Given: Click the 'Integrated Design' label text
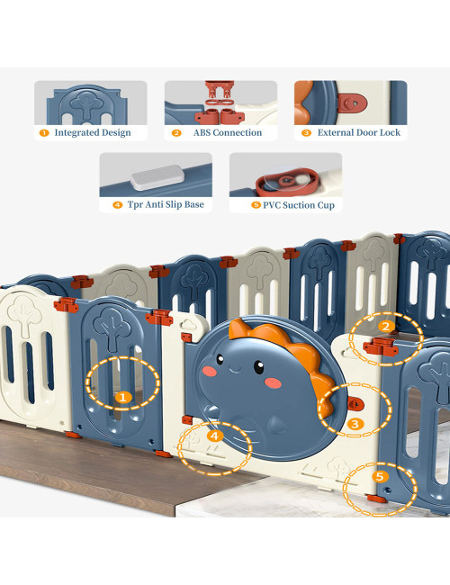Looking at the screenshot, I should point(93,133).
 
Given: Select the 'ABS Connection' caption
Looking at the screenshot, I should point(228,133).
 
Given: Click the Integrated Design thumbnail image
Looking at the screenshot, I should point(90,103).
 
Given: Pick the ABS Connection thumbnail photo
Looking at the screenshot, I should point(220,103).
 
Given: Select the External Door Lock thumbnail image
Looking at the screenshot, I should point(350,103).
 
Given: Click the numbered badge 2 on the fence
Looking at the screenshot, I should point(385,326).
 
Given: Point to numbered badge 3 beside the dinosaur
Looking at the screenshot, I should point(355,423).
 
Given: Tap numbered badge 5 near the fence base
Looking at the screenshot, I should point(380,476).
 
